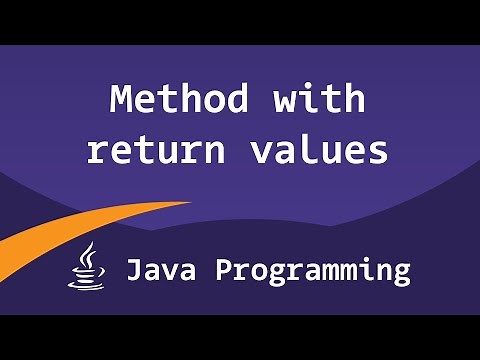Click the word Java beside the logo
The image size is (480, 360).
click(162, 270)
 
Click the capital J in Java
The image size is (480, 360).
click(132, 270)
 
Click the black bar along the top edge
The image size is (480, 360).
click(240, 21)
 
